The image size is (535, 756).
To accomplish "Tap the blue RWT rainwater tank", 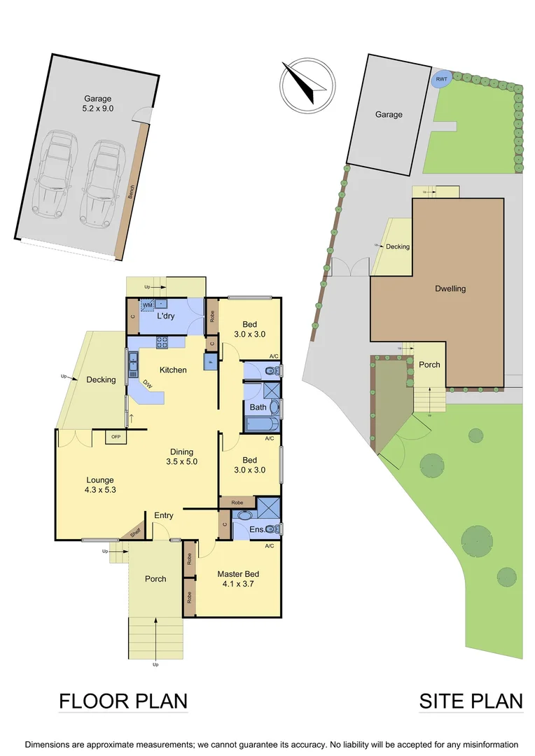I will (x=442, y=79).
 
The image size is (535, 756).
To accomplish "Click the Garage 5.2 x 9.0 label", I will (x=95, y=104).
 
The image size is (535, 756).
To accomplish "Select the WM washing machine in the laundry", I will (x=148, y=305).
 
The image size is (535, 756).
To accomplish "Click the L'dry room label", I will (x=166, y=316).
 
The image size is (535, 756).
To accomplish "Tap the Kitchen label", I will (x=173, y=370).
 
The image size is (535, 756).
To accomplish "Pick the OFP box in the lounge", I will (x=115, y=437).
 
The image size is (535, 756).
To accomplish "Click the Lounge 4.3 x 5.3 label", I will (x=100, y=484).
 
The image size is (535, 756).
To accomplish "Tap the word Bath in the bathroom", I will (x=258, y=407).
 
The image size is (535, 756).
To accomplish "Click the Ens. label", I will (x=258, y=529).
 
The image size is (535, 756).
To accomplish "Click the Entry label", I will (x=164, y=516).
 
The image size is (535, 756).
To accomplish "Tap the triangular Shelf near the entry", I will (x=134, y=533).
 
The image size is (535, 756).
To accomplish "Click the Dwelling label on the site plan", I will (x=450, y=288).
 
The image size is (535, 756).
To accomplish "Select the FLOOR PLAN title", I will (x=123, y=701).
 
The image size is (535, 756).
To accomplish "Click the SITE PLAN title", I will (x=471, y=701).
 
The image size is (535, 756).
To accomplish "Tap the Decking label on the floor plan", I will (x=101, y=380).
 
